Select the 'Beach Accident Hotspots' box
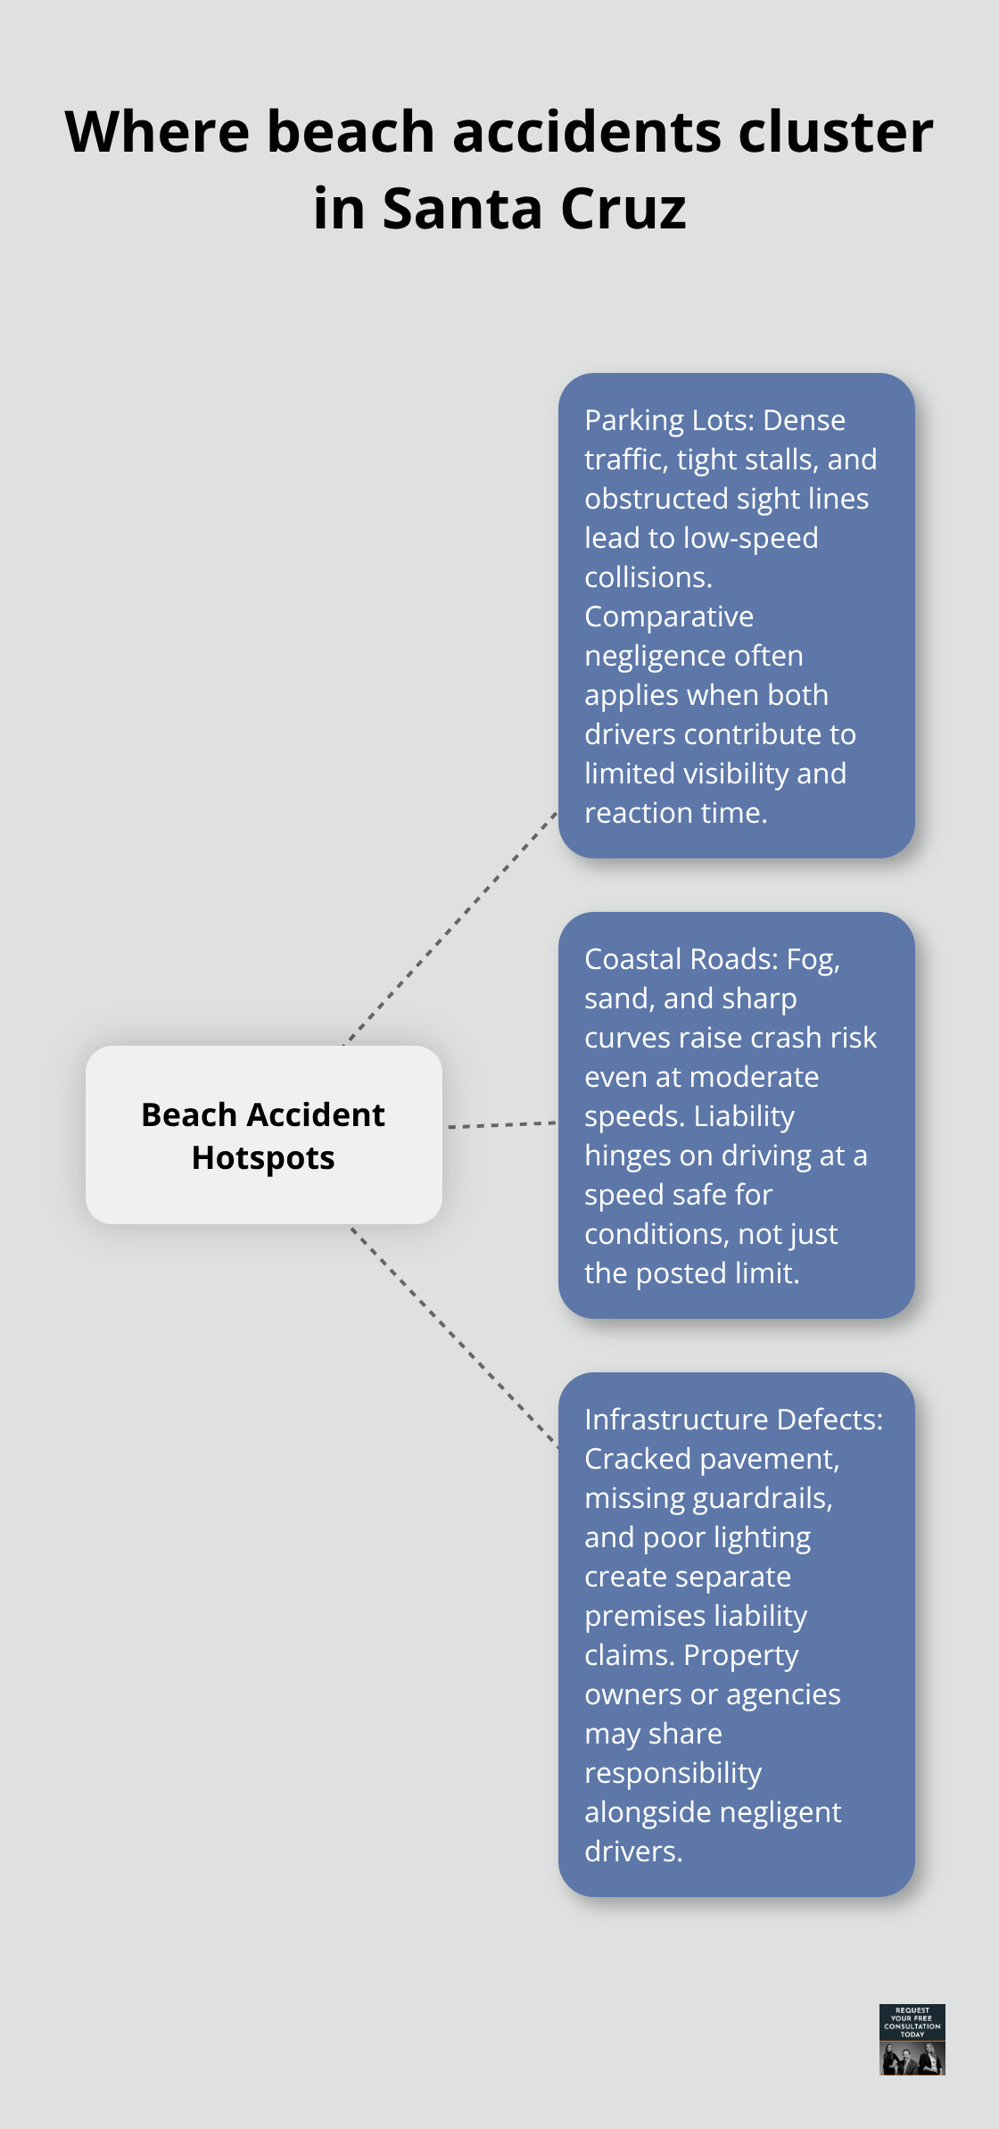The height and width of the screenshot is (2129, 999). point(264,1135)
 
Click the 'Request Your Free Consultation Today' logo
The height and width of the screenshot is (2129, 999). point(912,2039)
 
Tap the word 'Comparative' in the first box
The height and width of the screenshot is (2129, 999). point(669,617)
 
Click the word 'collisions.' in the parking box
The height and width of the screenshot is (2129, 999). point(648,577)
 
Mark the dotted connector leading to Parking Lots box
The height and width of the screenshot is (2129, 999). point(450,928)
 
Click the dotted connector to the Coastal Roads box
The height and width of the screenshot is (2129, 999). point(501,1125)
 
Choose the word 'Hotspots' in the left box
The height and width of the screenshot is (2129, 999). point(263,1158)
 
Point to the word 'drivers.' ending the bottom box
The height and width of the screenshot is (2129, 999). point(633,1851)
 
